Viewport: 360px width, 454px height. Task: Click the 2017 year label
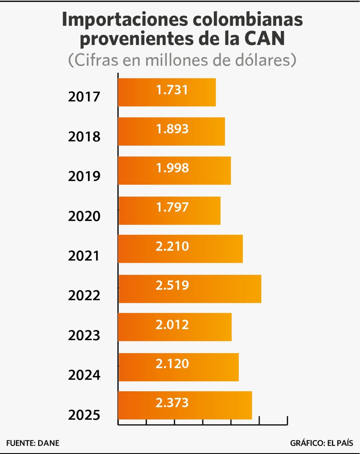84,97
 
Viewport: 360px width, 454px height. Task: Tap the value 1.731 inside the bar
172,90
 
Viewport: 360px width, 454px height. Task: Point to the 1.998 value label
172,168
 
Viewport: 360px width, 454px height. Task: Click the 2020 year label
84,216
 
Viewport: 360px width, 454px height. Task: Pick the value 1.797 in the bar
172,207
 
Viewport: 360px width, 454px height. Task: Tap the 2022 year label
84,296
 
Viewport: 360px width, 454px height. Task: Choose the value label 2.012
172,325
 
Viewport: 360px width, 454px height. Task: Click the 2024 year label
84,375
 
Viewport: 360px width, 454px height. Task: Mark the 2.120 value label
172,364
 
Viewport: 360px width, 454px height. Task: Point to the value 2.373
172,403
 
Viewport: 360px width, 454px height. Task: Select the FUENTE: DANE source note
33,443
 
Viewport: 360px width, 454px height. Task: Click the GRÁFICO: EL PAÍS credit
321,443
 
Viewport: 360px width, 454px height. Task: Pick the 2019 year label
84,176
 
